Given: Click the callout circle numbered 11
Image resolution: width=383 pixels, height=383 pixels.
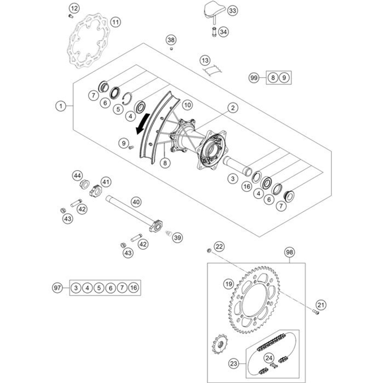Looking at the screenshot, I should tap(115, 22).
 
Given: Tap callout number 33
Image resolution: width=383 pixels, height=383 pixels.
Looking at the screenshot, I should tap(232, 11).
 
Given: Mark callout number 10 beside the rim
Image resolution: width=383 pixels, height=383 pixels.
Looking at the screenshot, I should tap(187, 104).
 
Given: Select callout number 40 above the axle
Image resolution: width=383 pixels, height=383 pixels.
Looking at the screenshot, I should tap(136, 201).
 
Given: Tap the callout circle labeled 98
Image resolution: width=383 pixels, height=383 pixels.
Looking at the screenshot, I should tap(290, 252).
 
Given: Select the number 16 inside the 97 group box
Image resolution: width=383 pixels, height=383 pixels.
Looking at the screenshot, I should tap(134, 287).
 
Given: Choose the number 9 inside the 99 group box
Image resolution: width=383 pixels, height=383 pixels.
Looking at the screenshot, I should tap(284, 78).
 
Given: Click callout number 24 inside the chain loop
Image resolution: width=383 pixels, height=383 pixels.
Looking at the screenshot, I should tap(270, 358).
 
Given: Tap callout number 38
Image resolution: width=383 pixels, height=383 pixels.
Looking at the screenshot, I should tap(171, 39).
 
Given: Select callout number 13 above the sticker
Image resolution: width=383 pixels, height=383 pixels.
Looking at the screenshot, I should tap(205, 61).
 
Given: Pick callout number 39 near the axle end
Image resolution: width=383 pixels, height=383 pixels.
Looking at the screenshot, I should tap(177, 237).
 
